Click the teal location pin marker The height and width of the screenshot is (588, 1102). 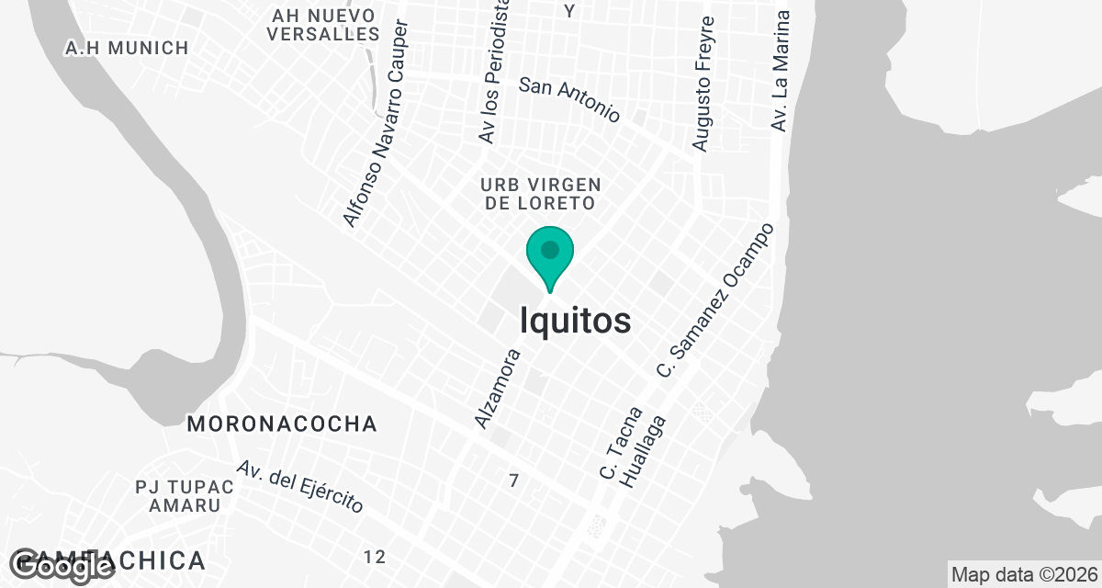click(550, 256)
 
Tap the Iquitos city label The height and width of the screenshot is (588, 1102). click(576, 321)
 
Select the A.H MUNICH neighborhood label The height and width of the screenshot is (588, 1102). click(127, 48)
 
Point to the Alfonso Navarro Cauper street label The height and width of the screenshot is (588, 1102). click(376, 122)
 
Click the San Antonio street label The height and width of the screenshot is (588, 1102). click(569, 99)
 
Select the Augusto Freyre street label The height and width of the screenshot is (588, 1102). click(703, 85)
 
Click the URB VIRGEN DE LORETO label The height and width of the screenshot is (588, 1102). click(540, 193)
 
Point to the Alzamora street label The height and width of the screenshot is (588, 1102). click(498, 388)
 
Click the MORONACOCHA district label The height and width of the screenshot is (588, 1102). click(282, 424)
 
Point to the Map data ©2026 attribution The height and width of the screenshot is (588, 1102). click(1024, 575)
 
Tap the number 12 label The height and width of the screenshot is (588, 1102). click(374, 557)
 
